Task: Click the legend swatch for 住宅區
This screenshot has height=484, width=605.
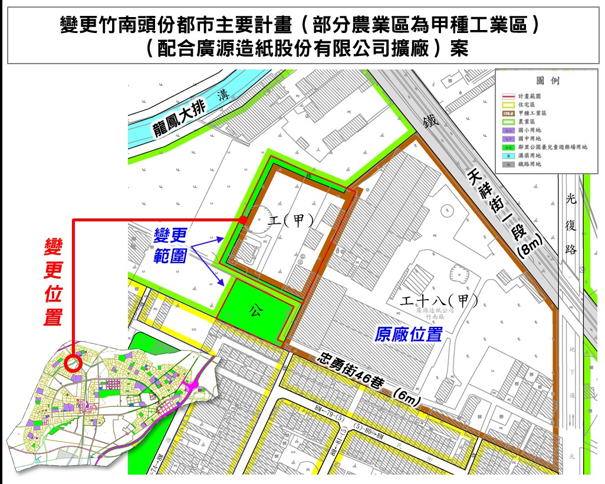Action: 508,103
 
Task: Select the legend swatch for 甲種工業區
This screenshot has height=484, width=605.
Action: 508,111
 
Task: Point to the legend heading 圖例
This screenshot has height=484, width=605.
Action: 547,81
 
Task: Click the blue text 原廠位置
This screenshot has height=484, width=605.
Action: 409,334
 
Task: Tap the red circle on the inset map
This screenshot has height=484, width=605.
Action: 74,362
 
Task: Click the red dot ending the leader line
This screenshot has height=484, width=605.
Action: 243,220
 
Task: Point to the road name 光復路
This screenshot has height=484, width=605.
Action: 570,224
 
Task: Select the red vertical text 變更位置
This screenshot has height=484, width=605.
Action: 54,282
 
